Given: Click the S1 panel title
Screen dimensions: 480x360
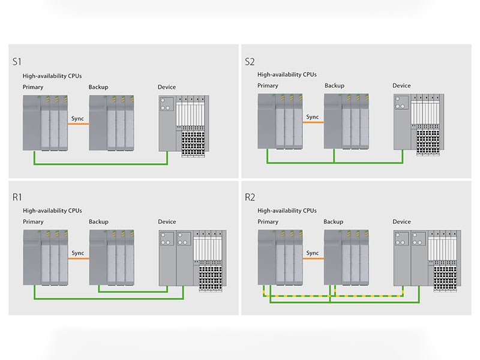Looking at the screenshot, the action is tap(17, 62).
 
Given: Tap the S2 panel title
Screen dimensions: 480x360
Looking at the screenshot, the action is tap(250, 62).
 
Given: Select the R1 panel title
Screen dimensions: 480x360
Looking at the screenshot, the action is tap(17, 197).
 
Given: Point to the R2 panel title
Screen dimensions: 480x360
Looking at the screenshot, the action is tap(250, 197).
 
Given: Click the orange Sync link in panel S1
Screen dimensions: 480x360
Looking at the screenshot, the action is tap(79, 124).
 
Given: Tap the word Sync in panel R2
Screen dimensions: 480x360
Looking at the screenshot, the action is tap(313, 253).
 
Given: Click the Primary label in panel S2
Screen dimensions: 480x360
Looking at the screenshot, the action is tap(268, 86).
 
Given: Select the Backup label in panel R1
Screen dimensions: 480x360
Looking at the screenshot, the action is tap(98, 221).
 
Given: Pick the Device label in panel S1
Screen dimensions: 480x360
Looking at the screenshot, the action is tap(167, 87).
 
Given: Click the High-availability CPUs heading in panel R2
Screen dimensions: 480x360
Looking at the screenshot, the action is tap(287, 211).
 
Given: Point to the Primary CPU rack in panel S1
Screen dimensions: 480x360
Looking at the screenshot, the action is tap(46, 123).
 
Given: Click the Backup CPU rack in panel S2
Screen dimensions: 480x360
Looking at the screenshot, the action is tap(346, 121).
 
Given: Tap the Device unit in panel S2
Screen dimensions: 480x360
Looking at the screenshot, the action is tap(419, 125).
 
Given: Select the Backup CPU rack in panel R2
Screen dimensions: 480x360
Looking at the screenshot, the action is tap(346, 257).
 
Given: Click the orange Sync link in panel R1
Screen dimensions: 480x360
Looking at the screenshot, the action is tap(79, 259).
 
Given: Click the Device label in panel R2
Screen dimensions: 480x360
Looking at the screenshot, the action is tap(401, 221).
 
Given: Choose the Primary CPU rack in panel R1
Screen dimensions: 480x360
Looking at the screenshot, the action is tap(46, 257).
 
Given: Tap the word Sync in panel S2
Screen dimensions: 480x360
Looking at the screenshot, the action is tap(313, 117).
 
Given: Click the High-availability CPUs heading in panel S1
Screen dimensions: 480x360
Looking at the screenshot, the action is tap(52, 76).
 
